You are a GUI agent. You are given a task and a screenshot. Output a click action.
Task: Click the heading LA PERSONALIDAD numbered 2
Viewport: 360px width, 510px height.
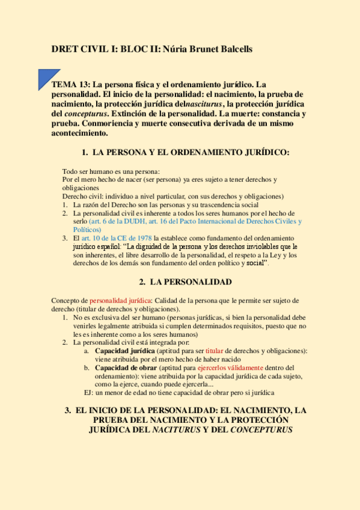pos(191,281)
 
